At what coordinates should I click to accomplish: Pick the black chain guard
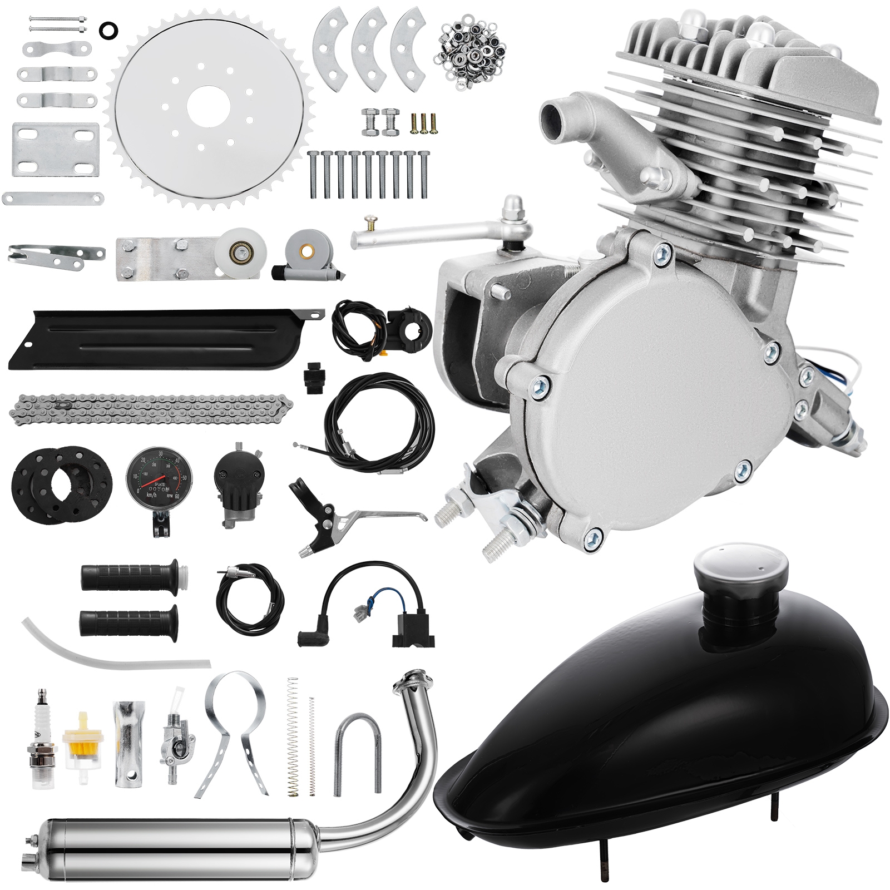click(161, 339)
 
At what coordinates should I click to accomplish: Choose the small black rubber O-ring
click(107, 30)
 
